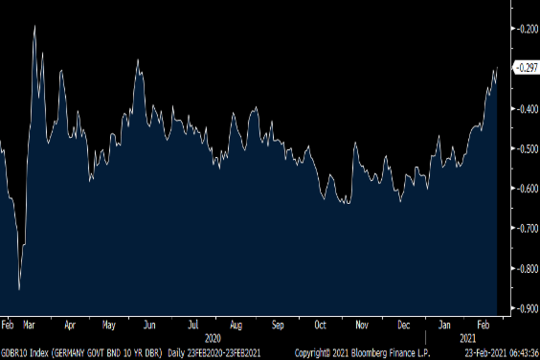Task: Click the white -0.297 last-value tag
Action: coord(527,68)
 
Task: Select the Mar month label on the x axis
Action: coord(29,325)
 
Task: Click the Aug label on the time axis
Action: coord(236,325)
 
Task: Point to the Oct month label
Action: coord(320,325)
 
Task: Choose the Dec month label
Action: coord(404,325)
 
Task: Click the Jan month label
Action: coord(444,325)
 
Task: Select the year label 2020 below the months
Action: coord(213,338)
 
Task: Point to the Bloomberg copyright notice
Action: coord(362,352)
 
